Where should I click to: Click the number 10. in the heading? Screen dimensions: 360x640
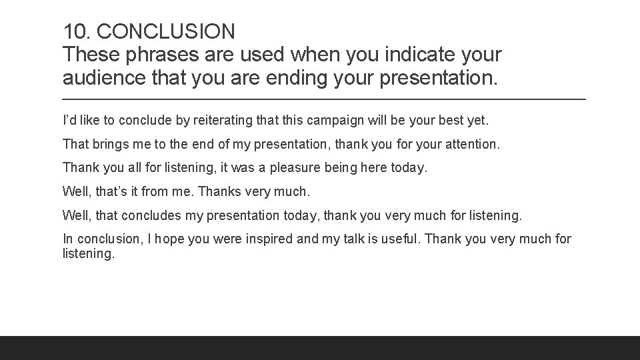[77, 31]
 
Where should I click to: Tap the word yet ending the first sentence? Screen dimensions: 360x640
[478, 121]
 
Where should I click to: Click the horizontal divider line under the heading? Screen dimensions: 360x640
[324, 99]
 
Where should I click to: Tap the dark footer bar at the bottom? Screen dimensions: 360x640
[320, 347]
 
